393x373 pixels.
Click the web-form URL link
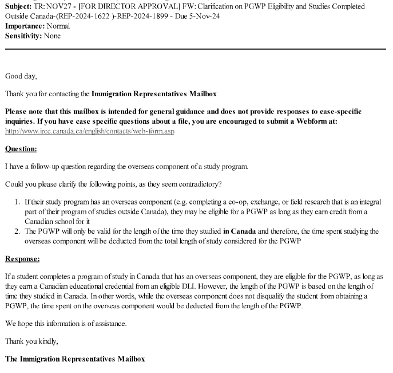click(x=89, y=131)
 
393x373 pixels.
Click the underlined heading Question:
click(x=21, y=149)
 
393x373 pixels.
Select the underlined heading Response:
click(x=22, y=260)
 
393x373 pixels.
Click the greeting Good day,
click(x=21, y=76)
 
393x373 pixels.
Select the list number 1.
click(x=17, y=202)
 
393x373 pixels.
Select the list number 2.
click(x=17, y=231)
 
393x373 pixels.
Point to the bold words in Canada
click(x=240, y=231)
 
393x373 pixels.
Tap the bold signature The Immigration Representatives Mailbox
click(x=75, y=359)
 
